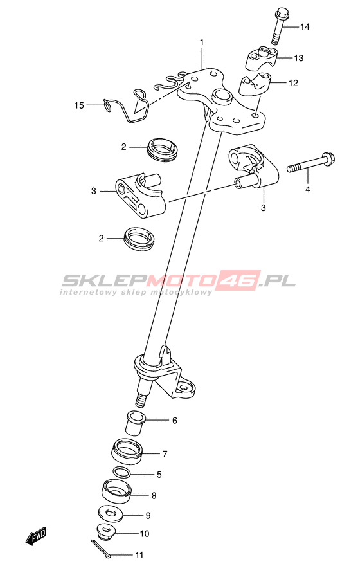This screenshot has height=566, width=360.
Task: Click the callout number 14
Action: (x=305, y=27)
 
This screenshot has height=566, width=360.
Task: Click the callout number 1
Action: (x=202, y=42)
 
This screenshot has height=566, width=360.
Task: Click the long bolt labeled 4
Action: (x=310, y=163)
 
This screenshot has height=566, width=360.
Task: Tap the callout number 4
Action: (x=308, y=189)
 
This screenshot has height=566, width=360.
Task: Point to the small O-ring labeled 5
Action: (x=122, y=472)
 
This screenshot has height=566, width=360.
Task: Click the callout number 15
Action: (x=79, y=105)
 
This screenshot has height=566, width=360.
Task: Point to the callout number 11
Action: (x=139, y=555)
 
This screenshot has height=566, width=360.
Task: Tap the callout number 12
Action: (x=293, y=83)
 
